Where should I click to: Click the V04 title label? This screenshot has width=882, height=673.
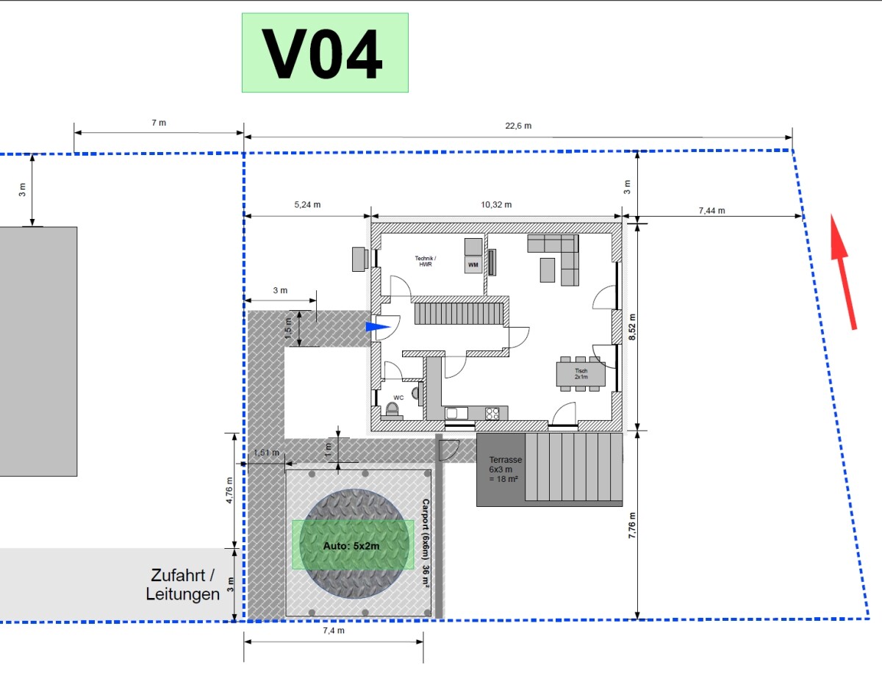tap(325, 53)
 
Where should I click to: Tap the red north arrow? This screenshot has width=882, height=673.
tap(844, 273)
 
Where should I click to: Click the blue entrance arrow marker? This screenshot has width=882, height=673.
tap(378, 327)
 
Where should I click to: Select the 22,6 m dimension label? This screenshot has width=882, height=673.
tap(518, 126)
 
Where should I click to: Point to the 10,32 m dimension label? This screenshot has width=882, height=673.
tap(496, 204)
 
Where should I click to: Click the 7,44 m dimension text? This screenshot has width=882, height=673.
tap(711, 210)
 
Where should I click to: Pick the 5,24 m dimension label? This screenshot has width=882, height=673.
tap(307, 204)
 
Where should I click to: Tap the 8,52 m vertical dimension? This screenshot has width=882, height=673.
tap(632, 327)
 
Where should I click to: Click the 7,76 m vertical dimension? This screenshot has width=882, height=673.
tap(632, 525)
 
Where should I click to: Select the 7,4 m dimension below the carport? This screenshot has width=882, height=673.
tap(334, 630)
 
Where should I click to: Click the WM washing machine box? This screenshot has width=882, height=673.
tap(473, 265)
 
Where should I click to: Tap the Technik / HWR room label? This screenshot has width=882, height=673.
tap(426, 262)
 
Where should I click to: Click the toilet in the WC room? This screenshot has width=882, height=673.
tap(392, 410)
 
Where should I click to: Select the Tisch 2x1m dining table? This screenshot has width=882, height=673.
tap(581, 374)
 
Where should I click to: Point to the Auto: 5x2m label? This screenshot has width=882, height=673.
tap(351, 546)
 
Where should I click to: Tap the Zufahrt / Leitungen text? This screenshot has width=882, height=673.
tap(182, 585)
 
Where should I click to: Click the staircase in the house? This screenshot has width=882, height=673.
tap(459, 314)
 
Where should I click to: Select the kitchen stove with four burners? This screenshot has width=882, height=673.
tap(492, 413)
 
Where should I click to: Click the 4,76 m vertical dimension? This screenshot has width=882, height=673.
tap(229, 490)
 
